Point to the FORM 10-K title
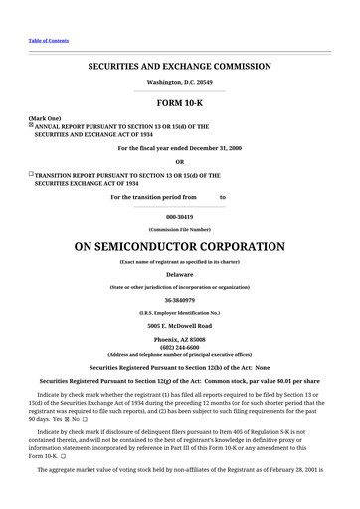[179, 102]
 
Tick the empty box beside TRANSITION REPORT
[31, 173]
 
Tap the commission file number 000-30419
[179, 215]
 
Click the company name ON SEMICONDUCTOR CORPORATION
[179, 245]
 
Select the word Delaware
[179, 272]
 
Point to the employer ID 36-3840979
[179, 299]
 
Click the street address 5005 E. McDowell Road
[179, 325]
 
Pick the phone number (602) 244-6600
[179, 347]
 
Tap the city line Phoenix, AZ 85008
[179, 339]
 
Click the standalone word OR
[179, 161]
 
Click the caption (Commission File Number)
[179, 229]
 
